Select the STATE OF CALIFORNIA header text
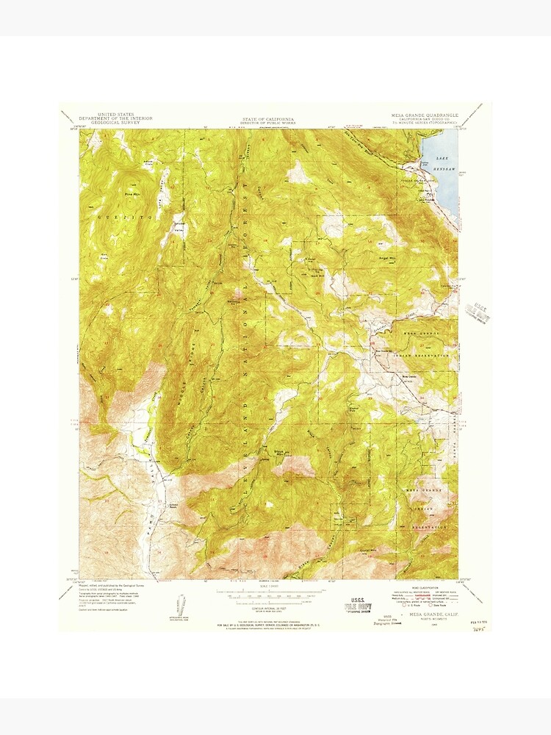[x=269, y=118]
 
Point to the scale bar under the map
[x=269, y=592]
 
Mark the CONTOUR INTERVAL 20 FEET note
[x=269, y=609]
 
